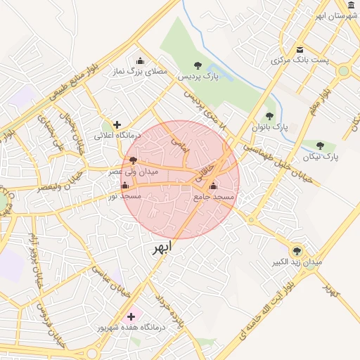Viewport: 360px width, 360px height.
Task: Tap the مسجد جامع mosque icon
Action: coord(213,186)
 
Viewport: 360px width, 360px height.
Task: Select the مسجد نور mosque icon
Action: coord(125,186)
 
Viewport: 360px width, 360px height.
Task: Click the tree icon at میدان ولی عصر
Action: coord(134,160)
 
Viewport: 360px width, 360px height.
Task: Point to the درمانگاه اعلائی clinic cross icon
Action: coord(117,124)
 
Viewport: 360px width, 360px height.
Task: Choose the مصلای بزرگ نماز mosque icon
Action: coord(140,60)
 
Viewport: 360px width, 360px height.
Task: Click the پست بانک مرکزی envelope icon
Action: coord(300,50)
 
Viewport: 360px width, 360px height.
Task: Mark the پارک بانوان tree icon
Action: coord(269,116)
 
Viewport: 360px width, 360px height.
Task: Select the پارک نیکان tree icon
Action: coord(320,146)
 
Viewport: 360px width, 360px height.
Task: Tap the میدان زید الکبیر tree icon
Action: coord(297,250)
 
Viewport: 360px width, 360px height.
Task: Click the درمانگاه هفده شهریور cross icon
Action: coord(131,316)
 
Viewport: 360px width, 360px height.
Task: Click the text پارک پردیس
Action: coord(198,76)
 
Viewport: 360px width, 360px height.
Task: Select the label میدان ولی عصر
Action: coord(133,171)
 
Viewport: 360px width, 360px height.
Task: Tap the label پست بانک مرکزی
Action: coord(300,60)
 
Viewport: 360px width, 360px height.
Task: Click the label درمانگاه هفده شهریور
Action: coord(131,328)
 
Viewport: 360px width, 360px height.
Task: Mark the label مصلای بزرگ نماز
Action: coord(141,72)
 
